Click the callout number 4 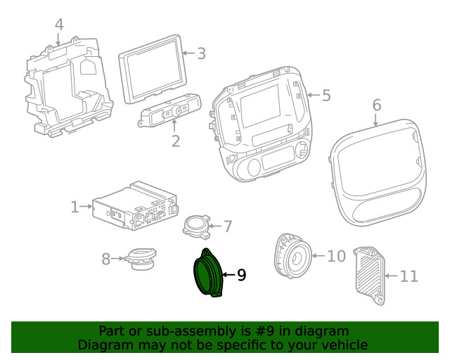(x=59, y=25)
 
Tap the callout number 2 (x=175, y=141)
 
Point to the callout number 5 (x=326, y=95)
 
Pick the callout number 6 (x=376, y=105)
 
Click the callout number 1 (x=75, y=207)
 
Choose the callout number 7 (x=227, y=226)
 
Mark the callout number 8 (x=106, y=259)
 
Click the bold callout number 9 (x=241, y=275)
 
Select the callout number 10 (x=337, y=256)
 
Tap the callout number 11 (x=409, y=276)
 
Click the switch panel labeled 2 (x=172, y=111)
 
